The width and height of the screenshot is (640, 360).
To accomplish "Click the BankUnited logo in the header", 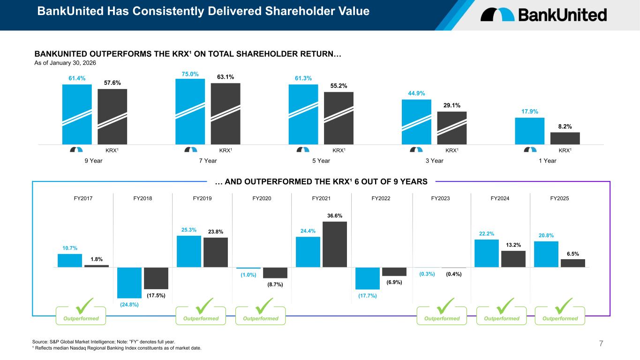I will [x=543, y=15].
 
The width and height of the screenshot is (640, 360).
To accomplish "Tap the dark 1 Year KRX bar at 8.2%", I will [x=565, y=138].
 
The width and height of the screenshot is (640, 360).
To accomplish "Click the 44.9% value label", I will [x=416, y=93].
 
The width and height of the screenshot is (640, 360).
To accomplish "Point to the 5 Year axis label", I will [x=321, y=161].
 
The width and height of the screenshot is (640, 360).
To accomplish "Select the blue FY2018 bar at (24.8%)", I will [x=129, y=283].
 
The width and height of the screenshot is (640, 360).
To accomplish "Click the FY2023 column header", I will [x=441, y=198].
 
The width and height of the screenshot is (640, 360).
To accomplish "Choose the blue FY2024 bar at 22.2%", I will [x=487, y=253].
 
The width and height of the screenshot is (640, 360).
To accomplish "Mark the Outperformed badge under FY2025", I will [x=560, y=319].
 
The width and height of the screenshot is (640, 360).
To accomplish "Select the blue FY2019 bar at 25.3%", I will [x=189, y=251].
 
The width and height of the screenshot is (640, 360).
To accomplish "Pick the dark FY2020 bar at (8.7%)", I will [x=275, y=273].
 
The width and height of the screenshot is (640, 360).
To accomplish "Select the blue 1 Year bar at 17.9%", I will [x=529, y=131].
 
